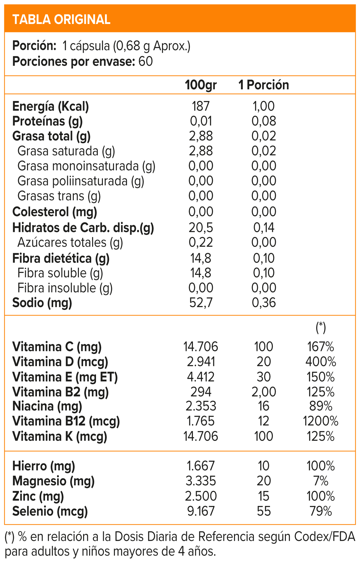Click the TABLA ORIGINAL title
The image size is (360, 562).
coord(61,19)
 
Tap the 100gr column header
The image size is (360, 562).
coord(201,85)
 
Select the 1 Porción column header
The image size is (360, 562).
coord(263,85)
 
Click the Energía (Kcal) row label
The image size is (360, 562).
coord(50,106)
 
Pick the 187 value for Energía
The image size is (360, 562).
coord(201,106)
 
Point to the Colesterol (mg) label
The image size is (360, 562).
coord(55,212)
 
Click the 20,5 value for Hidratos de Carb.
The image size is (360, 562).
coord(201,228)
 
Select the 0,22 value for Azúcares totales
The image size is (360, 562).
coord(201,242)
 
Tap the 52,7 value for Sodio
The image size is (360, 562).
coord(201,303)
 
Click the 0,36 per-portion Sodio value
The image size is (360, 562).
coord(264,303)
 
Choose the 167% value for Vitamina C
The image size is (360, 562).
coord(320,347)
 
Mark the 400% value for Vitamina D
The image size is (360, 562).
coord(320,362)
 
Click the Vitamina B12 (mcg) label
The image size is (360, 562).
coord(66,421)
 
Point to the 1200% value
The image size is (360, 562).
coord(320,421)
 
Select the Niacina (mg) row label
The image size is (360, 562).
coord(47,406)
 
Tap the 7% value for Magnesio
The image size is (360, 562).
coord(320,481)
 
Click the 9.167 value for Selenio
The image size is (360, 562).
coord(201,511)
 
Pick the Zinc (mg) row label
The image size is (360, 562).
coord(38,496)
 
